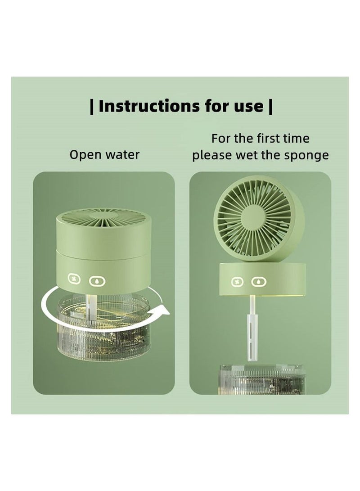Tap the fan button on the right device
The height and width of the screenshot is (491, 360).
pos(236,282)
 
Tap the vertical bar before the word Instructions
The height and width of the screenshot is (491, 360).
pos(92,107)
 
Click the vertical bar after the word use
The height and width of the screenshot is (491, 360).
pos(270,107)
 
